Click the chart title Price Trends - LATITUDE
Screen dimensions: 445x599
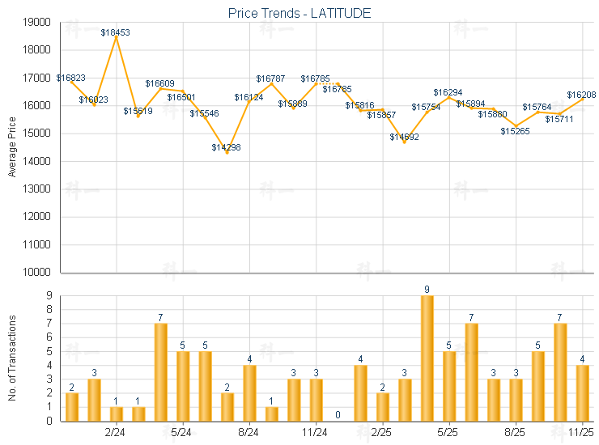pos(299,14)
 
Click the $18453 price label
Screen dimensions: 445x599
pos(116,32)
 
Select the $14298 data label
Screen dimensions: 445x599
pos(227,147)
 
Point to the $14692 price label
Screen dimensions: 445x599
pos(404,137)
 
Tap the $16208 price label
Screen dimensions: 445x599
pos(581,95)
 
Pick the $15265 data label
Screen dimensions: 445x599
pos(515,131)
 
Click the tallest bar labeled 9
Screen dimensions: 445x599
pos(427,358)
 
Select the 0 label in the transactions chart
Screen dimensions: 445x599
pos(338,415)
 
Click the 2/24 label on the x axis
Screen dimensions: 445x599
pos(116,432)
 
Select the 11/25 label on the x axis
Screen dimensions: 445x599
pos(582,432)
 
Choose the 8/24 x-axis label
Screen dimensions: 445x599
pos(249,432)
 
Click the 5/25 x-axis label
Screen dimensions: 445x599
pos(448,432)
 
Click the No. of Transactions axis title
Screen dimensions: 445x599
pos(12,358)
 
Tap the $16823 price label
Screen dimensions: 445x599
pos(71,78)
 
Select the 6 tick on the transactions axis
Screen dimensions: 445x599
pos(47,337)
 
